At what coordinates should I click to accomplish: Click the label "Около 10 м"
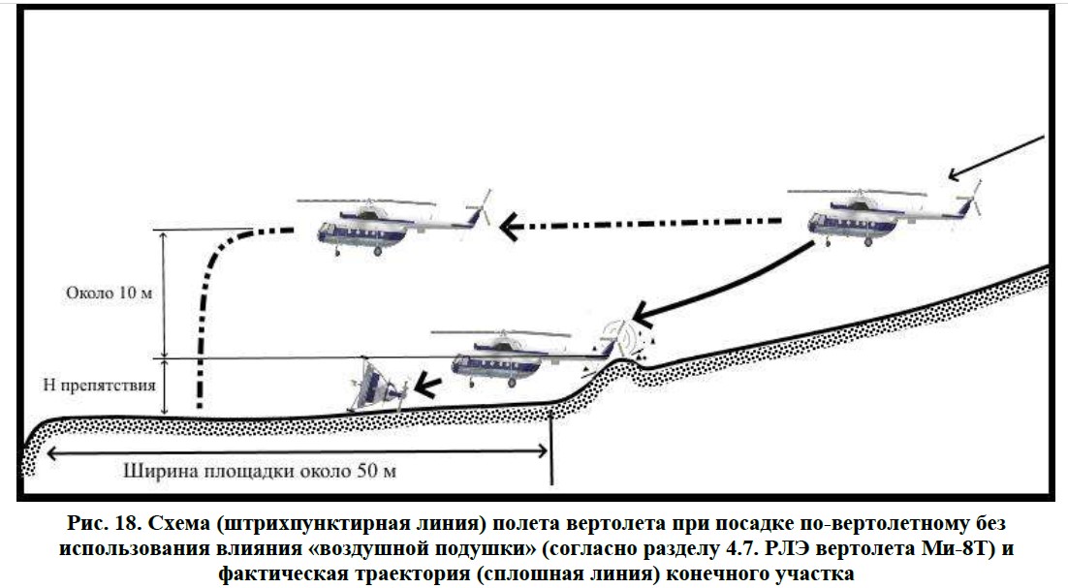tap(109, 294)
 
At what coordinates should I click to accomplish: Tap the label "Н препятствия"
tap(100, 386)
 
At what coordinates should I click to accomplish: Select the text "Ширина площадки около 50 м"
tap(260, 471)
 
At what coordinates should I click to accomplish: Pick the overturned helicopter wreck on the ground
tap(378, 387)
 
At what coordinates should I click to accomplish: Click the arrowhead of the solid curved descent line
tap(644, 313)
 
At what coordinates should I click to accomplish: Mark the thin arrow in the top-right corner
tap(996, 158)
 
